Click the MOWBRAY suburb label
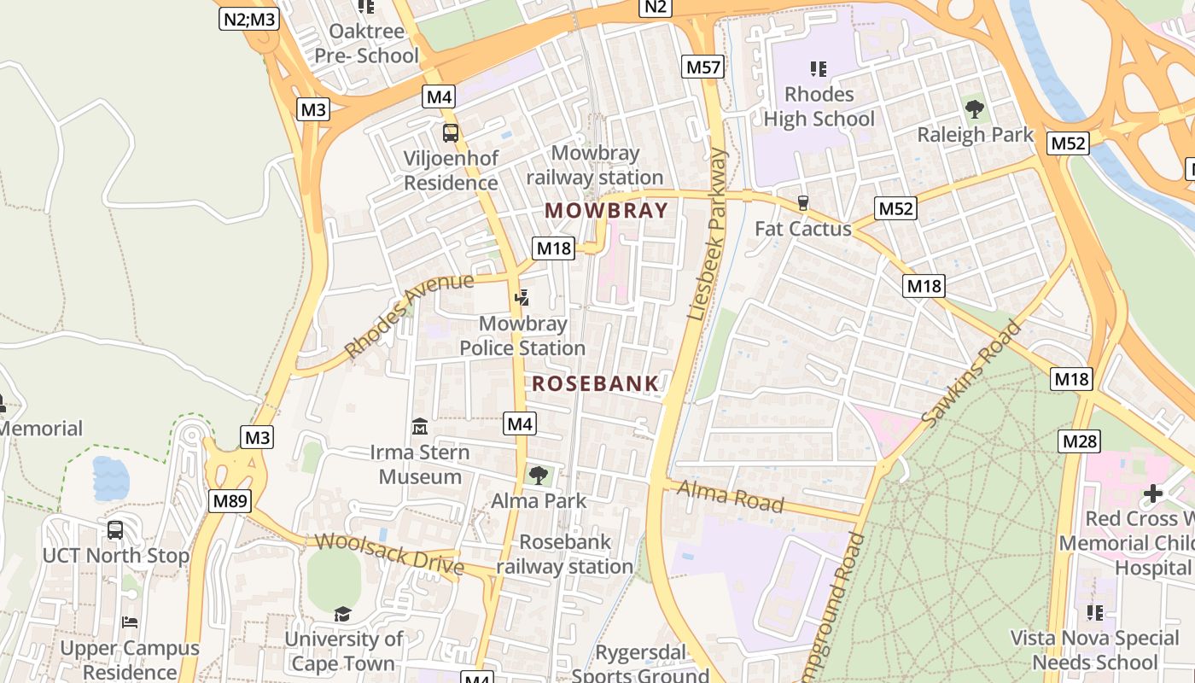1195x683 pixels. click(x=606, y=210)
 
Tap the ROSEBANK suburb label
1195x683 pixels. click(x=595, y=384)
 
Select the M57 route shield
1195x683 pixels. click(x=702, y=67)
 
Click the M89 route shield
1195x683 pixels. click(x=230, y=501)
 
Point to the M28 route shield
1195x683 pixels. click(x=1079, y=441)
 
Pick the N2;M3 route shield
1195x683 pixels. click(x=248, y=19)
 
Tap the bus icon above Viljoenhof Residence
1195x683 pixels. click(x=450, y=133)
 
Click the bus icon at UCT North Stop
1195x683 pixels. click(x=115, y=529)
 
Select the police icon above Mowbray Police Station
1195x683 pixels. click(x=522, y=297)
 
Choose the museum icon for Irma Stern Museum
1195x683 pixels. click(x=419, y=425)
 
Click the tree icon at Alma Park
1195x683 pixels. click(x=538, y=475)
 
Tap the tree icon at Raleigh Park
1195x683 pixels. click(x=974, y=108)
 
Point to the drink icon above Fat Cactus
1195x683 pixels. click(x=802, y=202)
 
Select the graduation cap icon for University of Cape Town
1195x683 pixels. click(x=342, y=614)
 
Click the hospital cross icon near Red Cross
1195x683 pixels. click(x=1153, y=493)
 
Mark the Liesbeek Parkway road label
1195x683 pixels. click(x=708, y=235)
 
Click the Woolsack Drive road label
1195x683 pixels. click(x=389, y=554)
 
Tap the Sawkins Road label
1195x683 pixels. click(x=971, y=373)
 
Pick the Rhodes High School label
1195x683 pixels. click(x=819, y=106)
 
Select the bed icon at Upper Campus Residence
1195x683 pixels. click(x=129, y=622)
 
